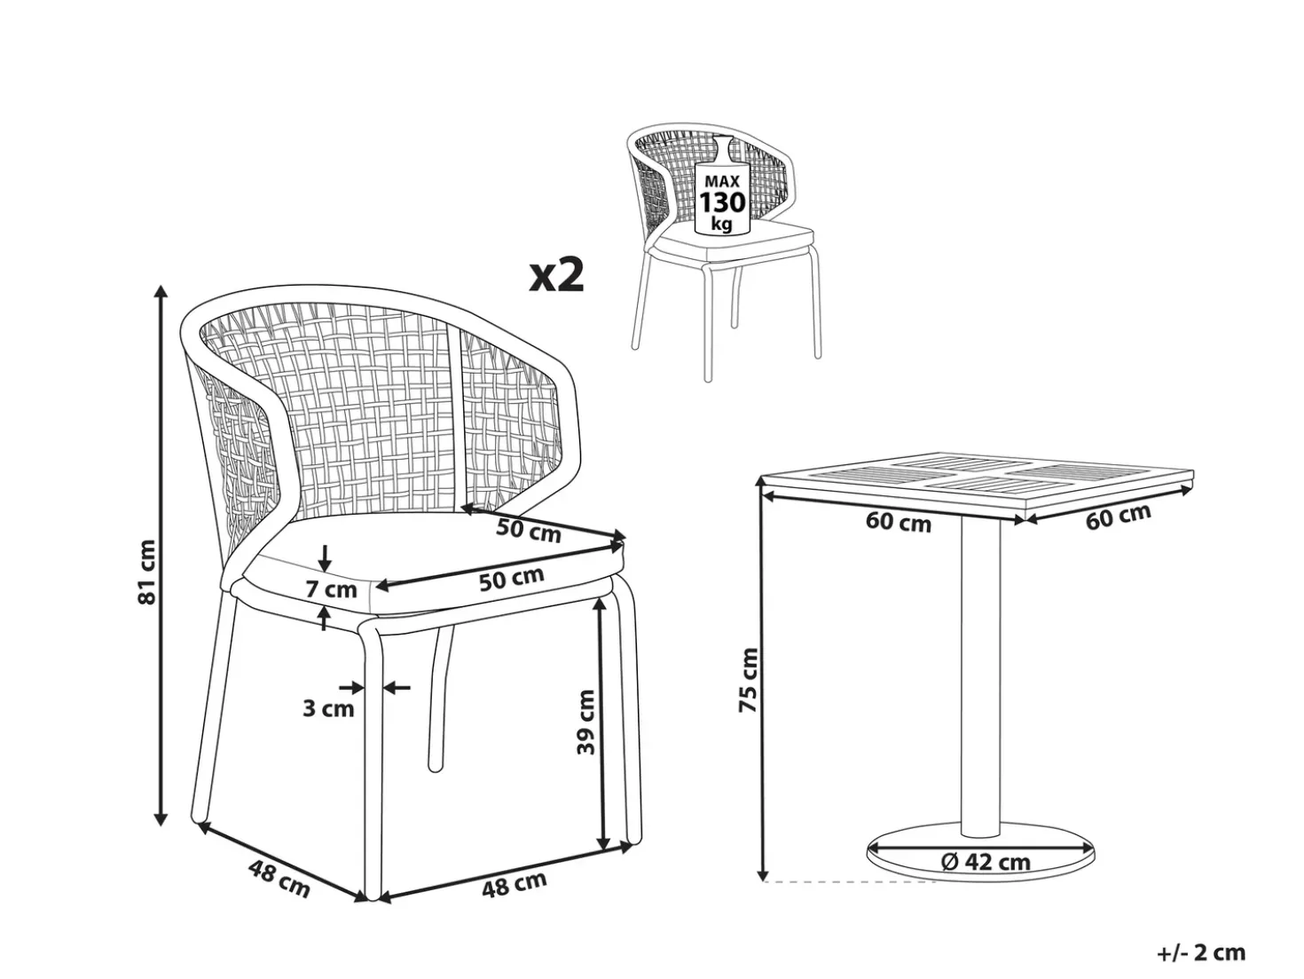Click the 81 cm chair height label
click(x=146, y=572)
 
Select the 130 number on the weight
click(x=722, y=202)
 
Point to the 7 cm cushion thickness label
click(x=332, y=589)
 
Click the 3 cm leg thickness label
click(x=328, y=708)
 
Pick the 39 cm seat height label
click(x=585, y=722)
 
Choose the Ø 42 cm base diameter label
click(x=986, y=861)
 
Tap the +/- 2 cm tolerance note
click(x=1200, y=953)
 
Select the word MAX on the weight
click(x=722, y=181)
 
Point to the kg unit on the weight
click(x=722, y=224)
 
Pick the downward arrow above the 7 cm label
click(x=325, y=557)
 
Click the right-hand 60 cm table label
click(x=1118, y=516)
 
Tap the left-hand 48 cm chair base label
click(x=279, y=879)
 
